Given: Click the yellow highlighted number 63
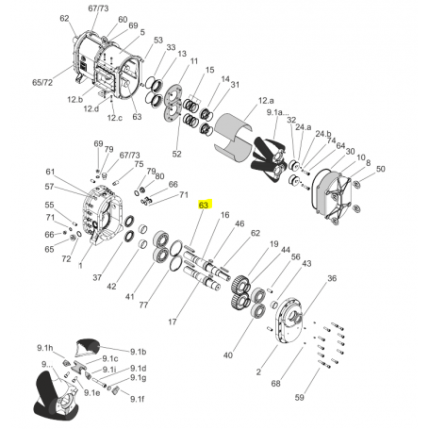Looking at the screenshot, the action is (205, 205).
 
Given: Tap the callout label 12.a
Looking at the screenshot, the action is (266, 101).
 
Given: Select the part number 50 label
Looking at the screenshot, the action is (380, 169).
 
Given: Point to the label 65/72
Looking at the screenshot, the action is (42, 83).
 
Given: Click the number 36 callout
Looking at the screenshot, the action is (332, 278).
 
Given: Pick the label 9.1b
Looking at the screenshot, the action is (138, 352).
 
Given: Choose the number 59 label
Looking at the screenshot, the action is (300, 398).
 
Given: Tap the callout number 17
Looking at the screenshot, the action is (173, 322).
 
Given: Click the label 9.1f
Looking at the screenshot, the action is (138, 399).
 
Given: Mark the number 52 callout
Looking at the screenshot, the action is (177, 154).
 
